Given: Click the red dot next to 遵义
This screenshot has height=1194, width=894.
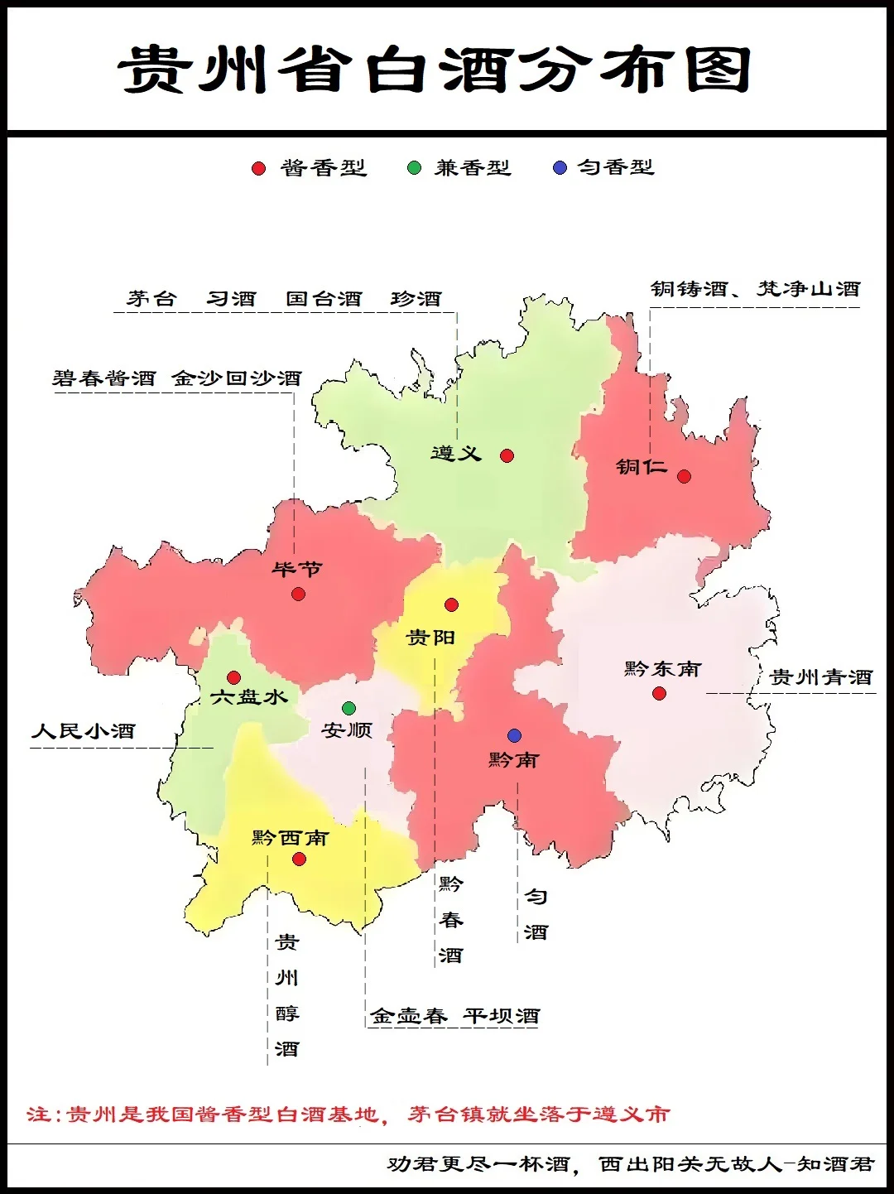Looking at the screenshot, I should click(x=507, y=455).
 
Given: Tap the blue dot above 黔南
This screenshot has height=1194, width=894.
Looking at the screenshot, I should click(x=514, y=735).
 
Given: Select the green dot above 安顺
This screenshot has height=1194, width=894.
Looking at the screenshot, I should click(x=348, y=708).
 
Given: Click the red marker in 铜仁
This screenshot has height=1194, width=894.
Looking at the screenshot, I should click(x=684, y=476).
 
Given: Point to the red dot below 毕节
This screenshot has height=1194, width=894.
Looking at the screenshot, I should click(x=299, y=594).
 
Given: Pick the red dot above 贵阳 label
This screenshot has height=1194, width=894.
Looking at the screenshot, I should click(x=451, y=605).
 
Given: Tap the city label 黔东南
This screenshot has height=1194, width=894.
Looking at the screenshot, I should click(x=662, y=669).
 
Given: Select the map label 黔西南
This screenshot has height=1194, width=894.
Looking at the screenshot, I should click(x=290, y=838).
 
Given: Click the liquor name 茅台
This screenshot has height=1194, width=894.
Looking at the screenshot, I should click(x=151, y=299).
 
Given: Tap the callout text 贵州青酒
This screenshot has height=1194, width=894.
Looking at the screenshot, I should click(x=821, y=677).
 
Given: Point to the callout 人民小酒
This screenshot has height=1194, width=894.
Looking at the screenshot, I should click(x=83, y=731).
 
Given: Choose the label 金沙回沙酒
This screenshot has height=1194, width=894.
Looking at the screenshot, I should click(x=237, y=378).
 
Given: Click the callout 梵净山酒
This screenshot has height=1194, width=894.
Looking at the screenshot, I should click(x=809, y=289).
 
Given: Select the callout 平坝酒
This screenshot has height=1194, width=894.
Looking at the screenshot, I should click(x=501, y=1016).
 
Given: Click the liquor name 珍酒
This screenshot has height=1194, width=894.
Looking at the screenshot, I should click(x=416, y=299).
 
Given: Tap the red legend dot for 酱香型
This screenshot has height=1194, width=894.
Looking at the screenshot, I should click(x=258, y=168).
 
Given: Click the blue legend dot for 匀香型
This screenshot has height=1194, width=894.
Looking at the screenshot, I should click(x=560, y=168).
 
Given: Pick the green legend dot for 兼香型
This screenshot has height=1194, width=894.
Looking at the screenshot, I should click(x=414, y=168).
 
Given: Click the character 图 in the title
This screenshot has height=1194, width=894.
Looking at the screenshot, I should click(x=718, y=69).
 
